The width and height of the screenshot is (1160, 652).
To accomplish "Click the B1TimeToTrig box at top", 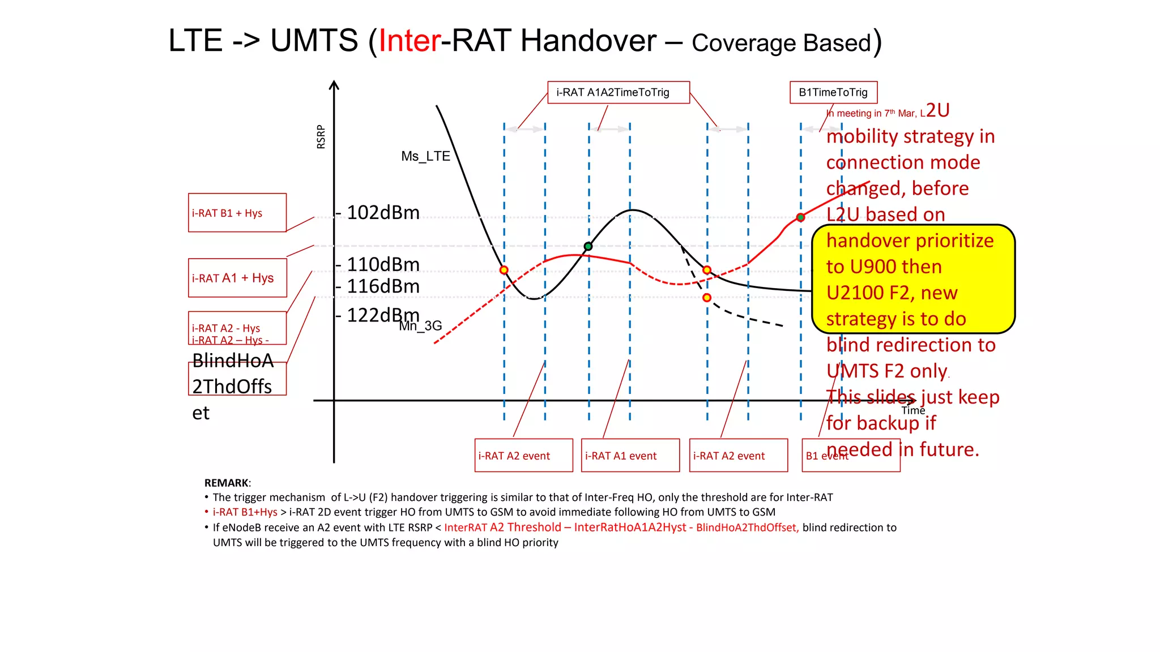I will point(833,92).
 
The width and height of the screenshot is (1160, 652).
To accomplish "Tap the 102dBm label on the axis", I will point(383,213).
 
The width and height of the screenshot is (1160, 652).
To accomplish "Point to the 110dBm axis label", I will point(383,264).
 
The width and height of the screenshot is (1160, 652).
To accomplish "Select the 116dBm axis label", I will point(383,286).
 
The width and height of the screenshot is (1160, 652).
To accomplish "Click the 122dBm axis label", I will point(383,315).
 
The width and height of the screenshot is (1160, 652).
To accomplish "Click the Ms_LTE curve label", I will point(425,156).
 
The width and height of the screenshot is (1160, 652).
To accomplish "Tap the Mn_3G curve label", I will point(420,327).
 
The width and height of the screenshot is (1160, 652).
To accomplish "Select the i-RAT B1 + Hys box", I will point(237,213).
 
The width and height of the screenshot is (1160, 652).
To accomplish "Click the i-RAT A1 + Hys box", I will point(237,278).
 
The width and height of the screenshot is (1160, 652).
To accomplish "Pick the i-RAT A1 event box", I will point(630,455).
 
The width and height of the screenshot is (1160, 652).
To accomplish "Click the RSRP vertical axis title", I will point(321,137).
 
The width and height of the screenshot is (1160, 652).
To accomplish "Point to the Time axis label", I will point(913,410).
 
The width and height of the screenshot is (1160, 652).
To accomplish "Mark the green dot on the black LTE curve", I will point(588,246).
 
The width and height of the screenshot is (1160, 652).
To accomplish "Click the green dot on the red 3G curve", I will point(800,217).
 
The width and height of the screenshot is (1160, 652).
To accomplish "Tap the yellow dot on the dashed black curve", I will point(707,298).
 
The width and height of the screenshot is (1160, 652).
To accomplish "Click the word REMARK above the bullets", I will point(227,483).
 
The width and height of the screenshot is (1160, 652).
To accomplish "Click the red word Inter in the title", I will point(410,41).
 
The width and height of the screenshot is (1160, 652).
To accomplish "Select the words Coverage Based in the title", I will point(781,44).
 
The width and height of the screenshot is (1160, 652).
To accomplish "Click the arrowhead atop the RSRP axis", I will point(334,85).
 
